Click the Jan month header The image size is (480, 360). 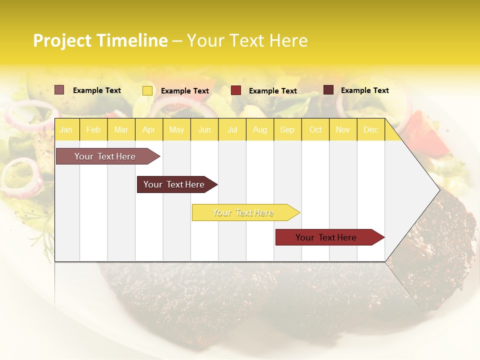tap(66, 129)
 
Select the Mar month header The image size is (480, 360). tap(121, 129)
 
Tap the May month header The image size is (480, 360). tap(176, 129)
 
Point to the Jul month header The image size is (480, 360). tap(232, 129)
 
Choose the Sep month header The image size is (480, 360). tap(287, 129)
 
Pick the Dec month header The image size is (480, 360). tap(370, 129)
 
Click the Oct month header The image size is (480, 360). tap(315, 129)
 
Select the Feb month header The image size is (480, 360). tap(93, 129)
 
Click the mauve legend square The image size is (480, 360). tap(59, 90)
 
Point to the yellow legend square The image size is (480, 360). tap(147, 90)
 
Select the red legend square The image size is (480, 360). tap(236, 90)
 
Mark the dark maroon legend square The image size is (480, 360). tap(328, 90)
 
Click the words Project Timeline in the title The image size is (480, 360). tap(100, 40)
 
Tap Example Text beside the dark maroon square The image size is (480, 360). tap(364, 90)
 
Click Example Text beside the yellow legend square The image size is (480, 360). tap(184, 91)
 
